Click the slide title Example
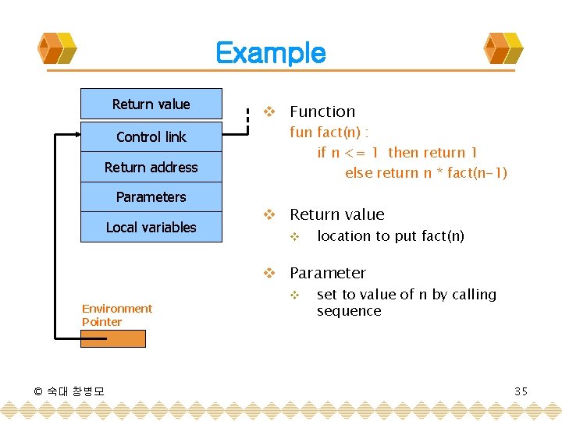coord(270,53)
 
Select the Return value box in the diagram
coord(151,104)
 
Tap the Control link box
coord(151,137)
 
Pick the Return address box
coord(151,168)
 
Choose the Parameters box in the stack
coord(151,197)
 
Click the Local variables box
coord(151,228)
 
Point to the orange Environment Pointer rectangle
coord(113,338)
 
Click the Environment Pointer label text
coord(116,315)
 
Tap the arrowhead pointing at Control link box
coord(76,136)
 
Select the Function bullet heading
coord(322,111)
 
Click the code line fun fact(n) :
coord(329,133)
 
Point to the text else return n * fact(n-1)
coord(425,173)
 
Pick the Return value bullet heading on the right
coord(336,214)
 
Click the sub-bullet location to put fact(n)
coord(390,236)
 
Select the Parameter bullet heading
coord(327,273)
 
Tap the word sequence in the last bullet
coord(349,311)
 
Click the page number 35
coord(521,391)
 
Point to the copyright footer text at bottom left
coord(69,391)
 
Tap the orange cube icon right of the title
coord(503,48)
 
